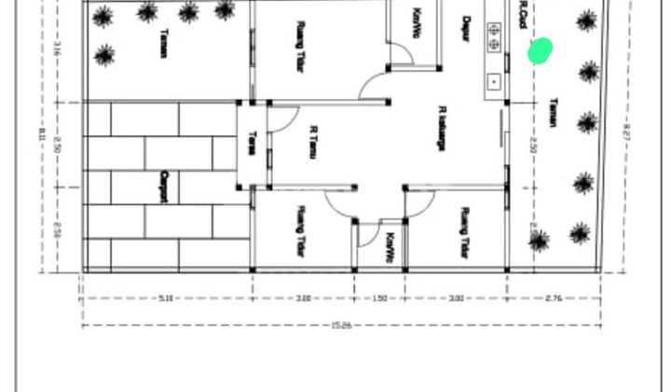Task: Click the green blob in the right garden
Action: (541, 50)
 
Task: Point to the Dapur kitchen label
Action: (466, 29)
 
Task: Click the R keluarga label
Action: (442, 128)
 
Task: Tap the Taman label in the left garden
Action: (164, 44)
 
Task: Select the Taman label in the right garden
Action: (554, 112)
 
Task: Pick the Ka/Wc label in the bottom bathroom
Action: (390, 246)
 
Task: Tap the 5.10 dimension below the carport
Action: (166, 299)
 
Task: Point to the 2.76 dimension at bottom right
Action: (553, 299)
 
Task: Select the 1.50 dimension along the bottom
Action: (379, 299)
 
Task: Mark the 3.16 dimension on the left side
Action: (57, 50)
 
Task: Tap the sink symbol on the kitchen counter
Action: (493, 80)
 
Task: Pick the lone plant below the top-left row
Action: (104, 55)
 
